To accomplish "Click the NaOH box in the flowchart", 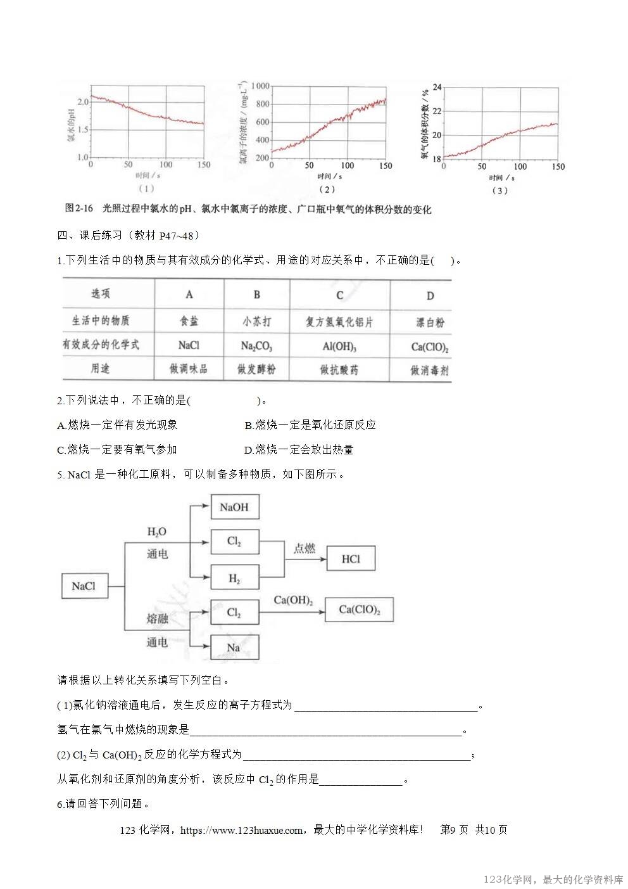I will click(234, 507).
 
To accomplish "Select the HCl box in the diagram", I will click(351, 558).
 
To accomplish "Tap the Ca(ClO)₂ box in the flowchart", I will click(359, 610).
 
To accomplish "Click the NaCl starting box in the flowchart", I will click(84, 586).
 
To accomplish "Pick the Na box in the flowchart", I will click(234, 647).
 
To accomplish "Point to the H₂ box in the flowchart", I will click(234, 579).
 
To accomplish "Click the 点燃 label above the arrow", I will click(304, 548).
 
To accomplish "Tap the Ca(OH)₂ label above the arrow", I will click(293, 599).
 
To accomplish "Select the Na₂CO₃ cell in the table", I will click(256, 346).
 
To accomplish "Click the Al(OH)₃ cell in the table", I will click(339, 347).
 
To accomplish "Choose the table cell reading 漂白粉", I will click(430, 322).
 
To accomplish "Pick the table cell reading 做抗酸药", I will click(339, 369).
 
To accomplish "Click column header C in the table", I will click(339, 295).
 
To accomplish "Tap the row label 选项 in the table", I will click(101, 293).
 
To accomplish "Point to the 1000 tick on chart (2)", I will click(260, 86).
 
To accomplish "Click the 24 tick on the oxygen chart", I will click(437, 87).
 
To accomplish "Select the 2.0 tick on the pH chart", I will click(83, 101).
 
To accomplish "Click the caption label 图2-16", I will click(79, 208).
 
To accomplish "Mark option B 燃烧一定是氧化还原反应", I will click(310, 425).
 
